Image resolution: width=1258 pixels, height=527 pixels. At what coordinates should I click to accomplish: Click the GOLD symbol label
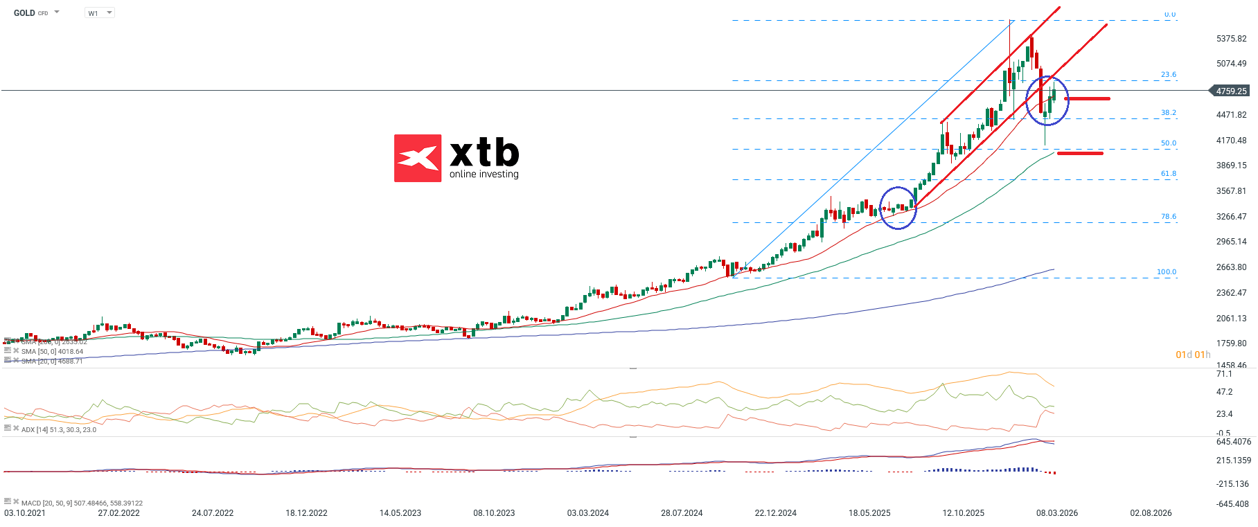coord(24,13)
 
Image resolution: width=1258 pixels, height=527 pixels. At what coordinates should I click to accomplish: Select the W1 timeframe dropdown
coord(99,13)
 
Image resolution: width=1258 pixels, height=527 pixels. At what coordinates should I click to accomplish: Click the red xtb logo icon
coord(418,158)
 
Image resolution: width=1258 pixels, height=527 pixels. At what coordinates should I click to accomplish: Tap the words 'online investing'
coord(484,174)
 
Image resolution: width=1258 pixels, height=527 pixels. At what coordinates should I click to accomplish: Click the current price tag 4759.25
coord(1230,91)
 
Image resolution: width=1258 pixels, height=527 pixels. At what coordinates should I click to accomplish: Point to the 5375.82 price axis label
coord(1231,39)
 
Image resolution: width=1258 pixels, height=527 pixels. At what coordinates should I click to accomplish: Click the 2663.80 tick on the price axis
coord(1231,267)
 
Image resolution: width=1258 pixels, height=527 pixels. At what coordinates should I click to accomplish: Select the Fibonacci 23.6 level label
coord(1168,75)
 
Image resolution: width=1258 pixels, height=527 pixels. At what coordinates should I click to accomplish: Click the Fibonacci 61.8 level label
coord(1168,174)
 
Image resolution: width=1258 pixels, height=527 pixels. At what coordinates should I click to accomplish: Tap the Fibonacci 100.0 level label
coord(1166,272)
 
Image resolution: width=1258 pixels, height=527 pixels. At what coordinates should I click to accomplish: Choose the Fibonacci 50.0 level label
coord(1168,143)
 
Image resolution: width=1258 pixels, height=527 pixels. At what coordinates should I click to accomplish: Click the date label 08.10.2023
coord(494,513)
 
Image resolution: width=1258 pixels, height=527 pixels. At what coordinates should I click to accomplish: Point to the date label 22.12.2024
coord(775,513)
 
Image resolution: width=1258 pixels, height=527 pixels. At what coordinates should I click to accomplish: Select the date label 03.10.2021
coord(25,513)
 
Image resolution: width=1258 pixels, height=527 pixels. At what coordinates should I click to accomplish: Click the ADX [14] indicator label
coord(58,430)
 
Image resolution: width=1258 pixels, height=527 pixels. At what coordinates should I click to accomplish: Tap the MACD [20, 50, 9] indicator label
coord(81,503)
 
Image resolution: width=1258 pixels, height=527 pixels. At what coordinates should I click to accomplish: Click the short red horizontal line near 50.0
coord(1080,153)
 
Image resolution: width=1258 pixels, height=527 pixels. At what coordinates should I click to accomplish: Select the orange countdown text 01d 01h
coord(1192,355)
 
